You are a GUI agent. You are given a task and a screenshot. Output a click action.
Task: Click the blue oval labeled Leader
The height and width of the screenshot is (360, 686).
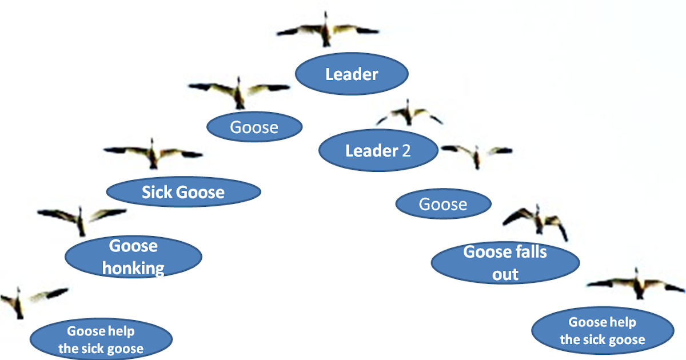point(352,74)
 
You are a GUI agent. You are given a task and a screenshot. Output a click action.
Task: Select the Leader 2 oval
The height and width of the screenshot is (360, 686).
point(378,151)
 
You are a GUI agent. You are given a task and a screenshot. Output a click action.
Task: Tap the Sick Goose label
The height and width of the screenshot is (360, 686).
point(184,192)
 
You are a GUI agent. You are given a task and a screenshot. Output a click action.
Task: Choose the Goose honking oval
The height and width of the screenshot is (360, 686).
point(133,257)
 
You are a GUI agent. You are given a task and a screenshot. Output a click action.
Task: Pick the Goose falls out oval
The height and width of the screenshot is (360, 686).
point(505,262)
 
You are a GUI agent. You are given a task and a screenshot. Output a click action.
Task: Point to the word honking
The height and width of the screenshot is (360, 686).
point(133,267)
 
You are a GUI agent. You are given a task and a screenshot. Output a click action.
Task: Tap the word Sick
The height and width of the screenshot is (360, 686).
point(157,192)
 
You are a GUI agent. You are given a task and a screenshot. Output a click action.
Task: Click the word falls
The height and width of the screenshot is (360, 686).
point(529,251)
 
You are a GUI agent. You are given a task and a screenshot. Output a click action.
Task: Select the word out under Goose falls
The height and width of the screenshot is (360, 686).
point(505,274)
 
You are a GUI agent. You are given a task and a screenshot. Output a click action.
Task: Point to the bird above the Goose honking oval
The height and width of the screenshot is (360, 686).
point(81,218)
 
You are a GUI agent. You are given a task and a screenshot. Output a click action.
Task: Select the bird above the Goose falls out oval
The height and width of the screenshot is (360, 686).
point(537,220)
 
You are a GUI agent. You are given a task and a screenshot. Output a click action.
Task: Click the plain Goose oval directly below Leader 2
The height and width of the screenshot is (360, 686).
point(443,204)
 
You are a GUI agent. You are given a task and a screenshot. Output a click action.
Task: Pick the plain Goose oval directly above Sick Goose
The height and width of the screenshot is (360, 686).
point(254,127)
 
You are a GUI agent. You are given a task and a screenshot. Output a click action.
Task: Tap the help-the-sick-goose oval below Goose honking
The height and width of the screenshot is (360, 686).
point(101,339)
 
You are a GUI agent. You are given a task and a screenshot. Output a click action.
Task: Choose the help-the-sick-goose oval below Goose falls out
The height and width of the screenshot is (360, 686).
point(603,331)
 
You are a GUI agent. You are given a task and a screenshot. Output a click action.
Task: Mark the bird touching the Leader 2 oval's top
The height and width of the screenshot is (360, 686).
point(409,114)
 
